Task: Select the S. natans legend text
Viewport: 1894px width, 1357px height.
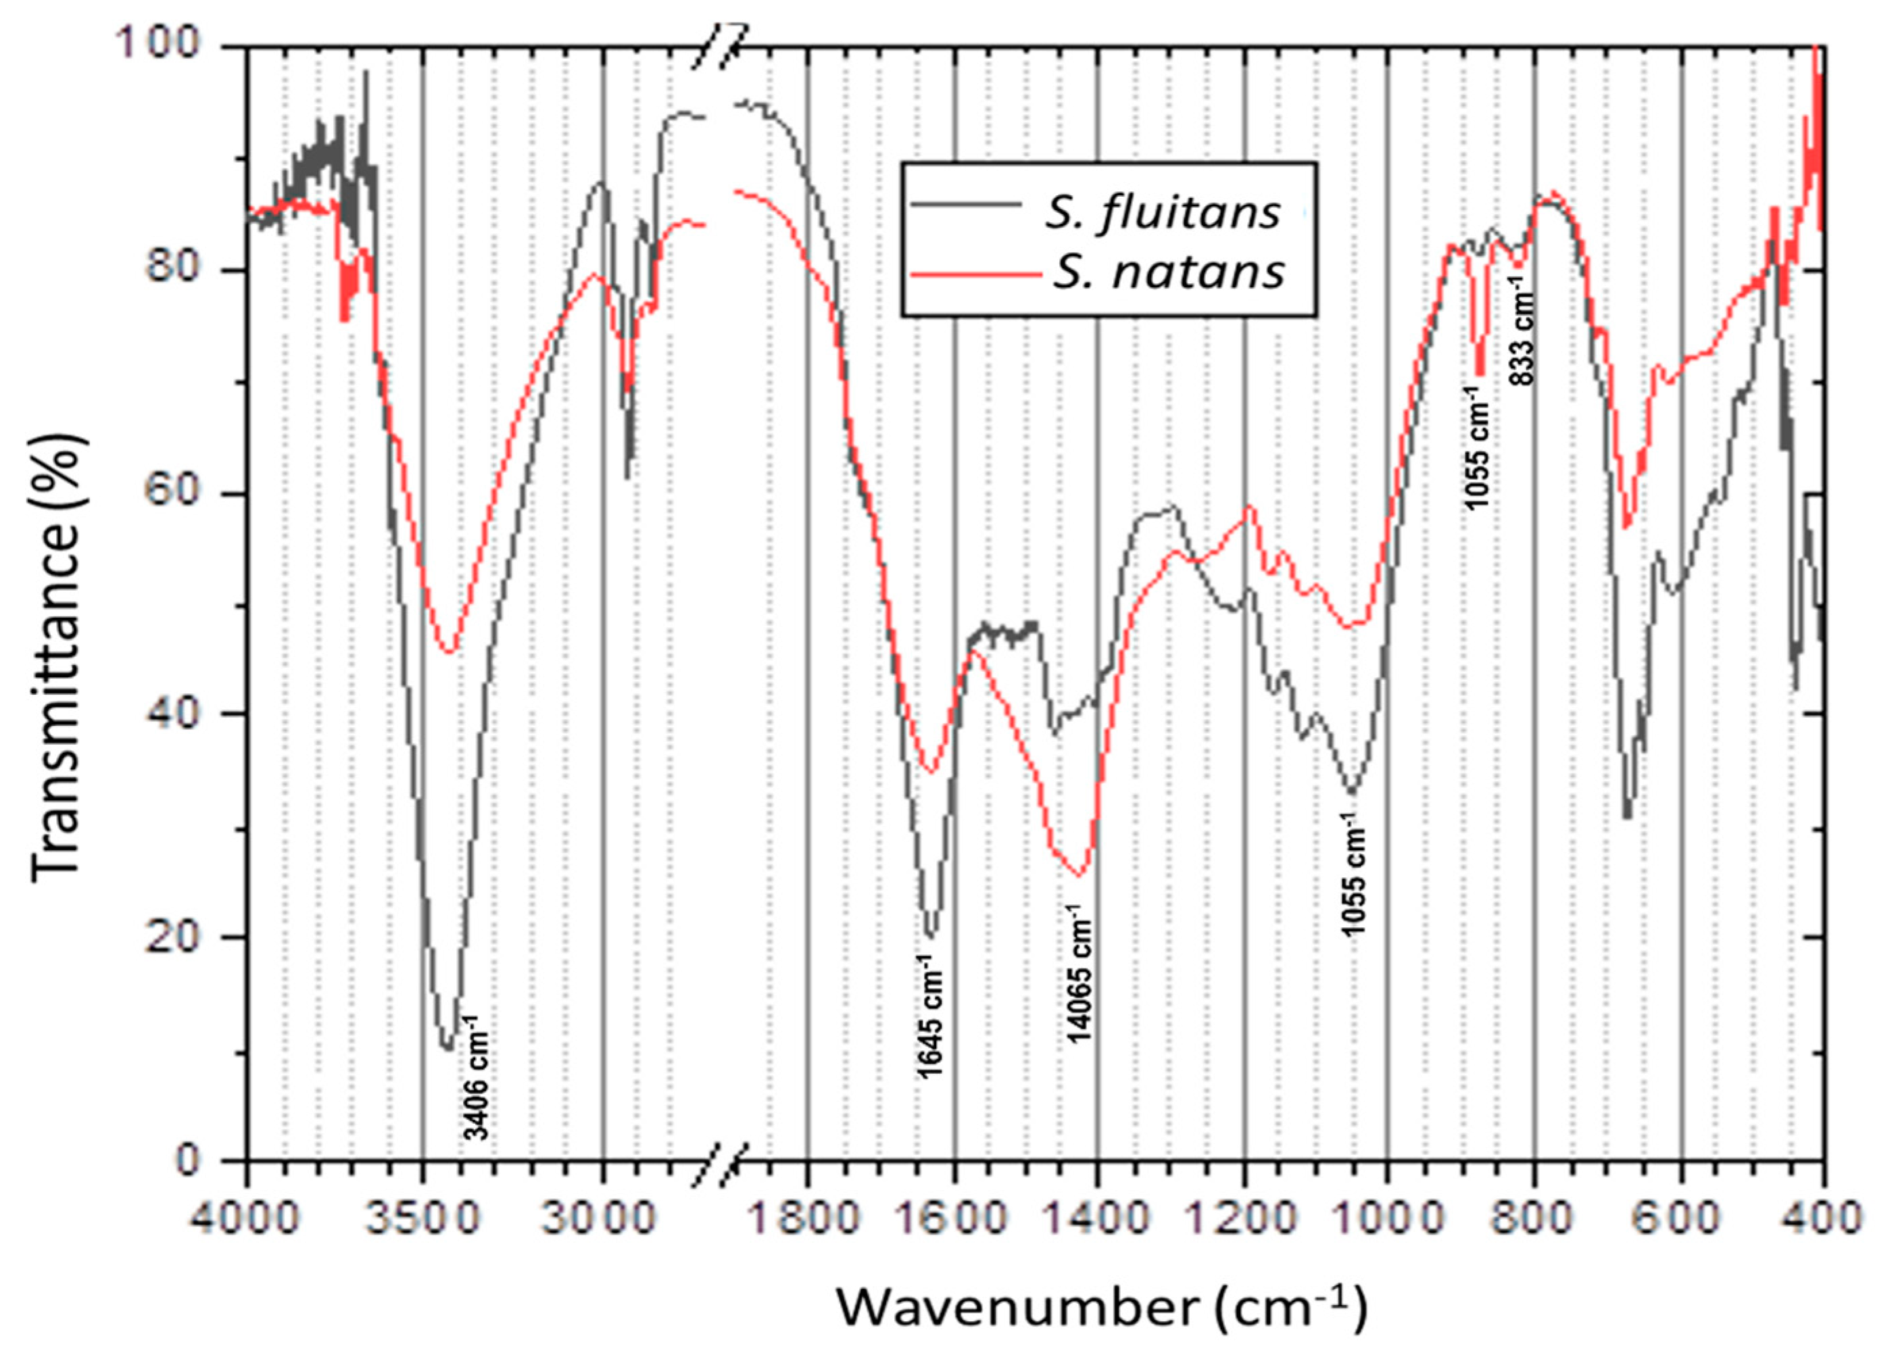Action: (1167, 272)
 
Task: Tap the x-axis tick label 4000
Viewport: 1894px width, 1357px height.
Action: (245, 1219)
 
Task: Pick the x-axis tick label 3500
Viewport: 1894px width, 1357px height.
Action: (425, 1219)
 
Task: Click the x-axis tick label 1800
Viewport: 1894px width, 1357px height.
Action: (808, 1219)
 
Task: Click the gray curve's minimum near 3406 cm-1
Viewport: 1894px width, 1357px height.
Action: (447, 1048)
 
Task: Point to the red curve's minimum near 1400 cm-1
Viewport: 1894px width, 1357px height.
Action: (1079, 876)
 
